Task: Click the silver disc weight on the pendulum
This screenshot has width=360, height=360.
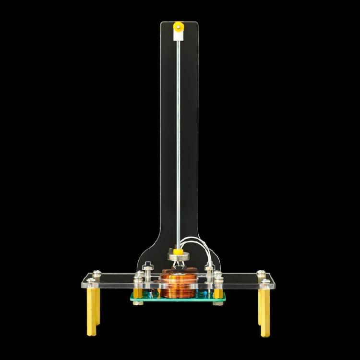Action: click(178, 257)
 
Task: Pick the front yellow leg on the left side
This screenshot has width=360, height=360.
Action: click(91, 312)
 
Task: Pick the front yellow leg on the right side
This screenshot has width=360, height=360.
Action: click(264, 312)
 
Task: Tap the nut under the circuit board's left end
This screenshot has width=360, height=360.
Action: click(138, 302)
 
